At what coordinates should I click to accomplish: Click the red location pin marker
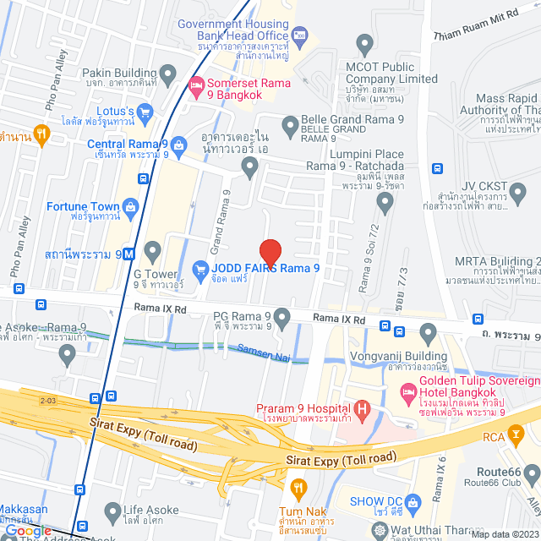point(270,252)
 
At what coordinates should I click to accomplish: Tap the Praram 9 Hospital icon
point(363,412)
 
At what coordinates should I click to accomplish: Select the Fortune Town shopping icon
point(131,206)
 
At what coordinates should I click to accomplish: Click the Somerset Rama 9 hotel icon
point(196,85)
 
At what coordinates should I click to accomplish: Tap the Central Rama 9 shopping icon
point(182,144)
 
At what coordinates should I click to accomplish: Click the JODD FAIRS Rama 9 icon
point(200,270)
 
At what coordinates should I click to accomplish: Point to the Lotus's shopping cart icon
point(145,111)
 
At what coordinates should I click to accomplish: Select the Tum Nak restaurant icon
point(297,488)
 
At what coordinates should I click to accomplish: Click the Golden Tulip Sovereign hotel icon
point(409,391)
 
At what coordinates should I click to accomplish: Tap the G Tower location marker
point(152,250)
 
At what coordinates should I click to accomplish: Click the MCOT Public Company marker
point(365,43)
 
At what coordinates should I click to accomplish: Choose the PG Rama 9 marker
point(282,318)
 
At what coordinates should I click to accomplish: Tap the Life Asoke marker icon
point(113,511)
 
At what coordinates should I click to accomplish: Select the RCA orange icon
point(515,436)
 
